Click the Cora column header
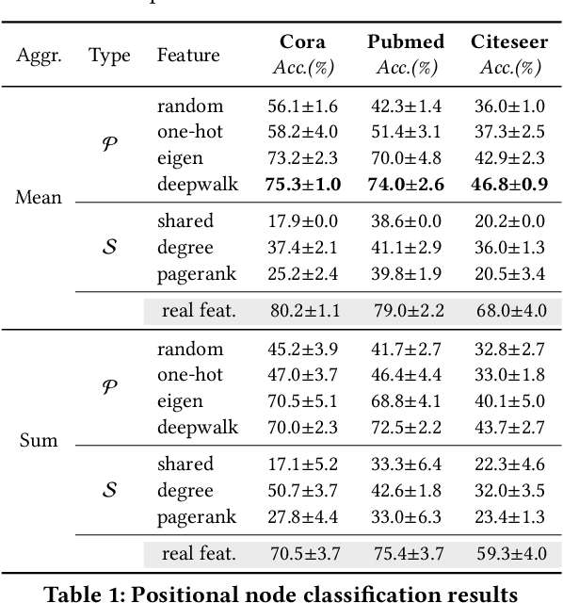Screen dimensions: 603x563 coord(303,42)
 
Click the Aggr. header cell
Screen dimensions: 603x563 coord(40,56)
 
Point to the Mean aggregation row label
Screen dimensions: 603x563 coord(40,198)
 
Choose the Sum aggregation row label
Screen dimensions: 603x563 coord(40,441)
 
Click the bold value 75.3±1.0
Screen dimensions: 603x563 coord(303,183)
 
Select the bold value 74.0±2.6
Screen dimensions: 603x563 coord(408,183)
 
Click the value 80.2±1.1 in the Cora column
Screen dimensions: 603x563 coord(303,311)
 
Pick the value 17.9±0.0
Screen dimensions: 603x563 coord(303,221)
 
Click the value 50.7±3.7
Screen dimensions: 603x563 coord(303,490)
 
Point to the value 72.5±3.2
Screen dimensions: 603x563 coord(408,426)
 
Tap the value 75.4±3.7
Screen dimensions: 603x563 coord(408,554)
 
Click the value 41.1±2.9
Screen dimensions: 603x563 coord(408,247)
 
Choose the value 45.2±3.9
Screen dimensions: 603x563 coord(303,350)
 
